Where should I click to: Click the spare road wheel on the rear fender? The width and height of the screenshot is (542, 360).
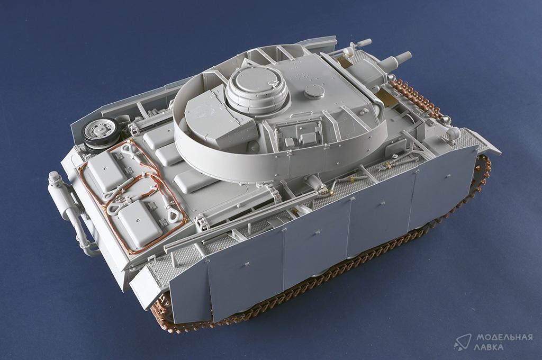click(99, 132)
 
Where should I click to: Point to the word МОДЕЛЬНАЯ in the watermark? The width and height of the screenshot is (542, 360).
click(504, 337)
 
